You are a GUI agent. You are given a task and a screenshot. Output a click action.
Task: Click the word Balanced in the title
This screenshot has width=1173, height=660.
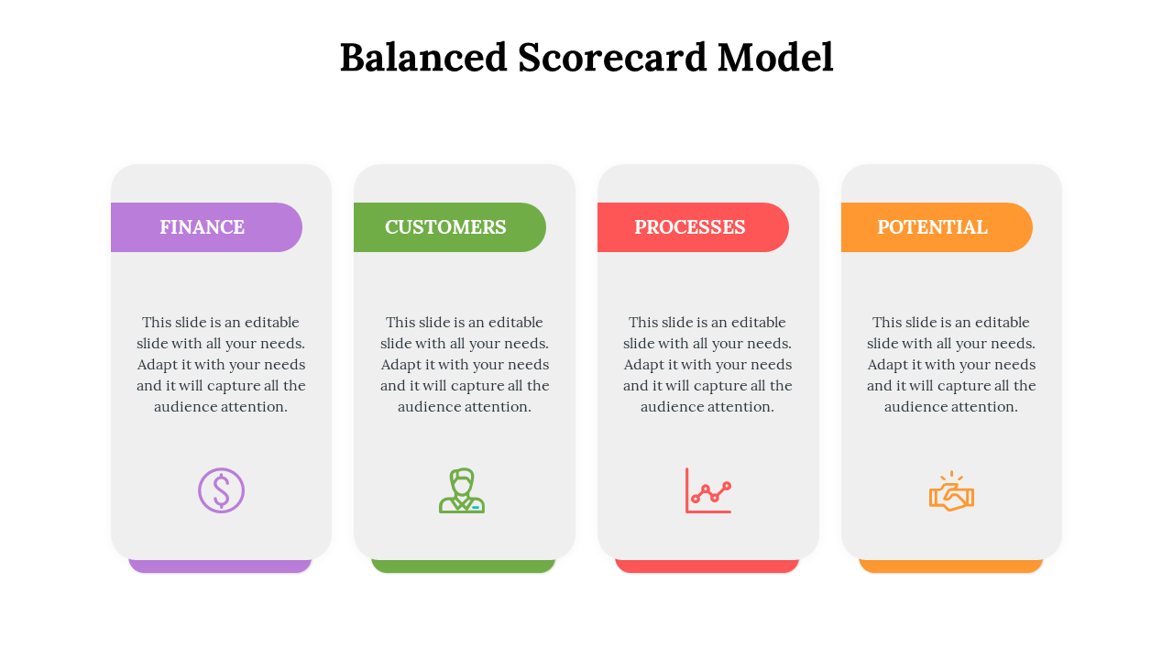[423, 57]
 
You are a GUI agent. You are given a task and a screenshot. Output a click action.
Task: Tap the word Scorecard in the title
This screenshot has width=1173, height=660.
[612, 57]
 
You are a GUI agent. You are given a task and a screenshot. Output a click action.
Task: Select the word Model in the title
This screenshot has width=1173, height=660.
[775, 57]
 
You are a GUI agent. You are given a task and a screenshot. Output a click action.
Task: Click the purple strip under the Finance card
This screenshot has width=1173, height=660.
[220, 566]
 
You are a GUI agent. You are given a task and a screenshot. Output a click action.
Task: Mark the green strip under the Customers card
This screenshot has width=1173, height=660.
[464, 566]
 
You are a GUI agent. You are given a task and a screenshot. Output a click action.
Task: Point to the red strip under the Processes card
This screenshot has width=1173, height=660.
[707, 566]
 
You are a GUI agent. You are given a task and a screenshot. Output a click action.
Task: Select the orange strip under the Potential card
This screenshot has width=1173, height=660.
[951, 566]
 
